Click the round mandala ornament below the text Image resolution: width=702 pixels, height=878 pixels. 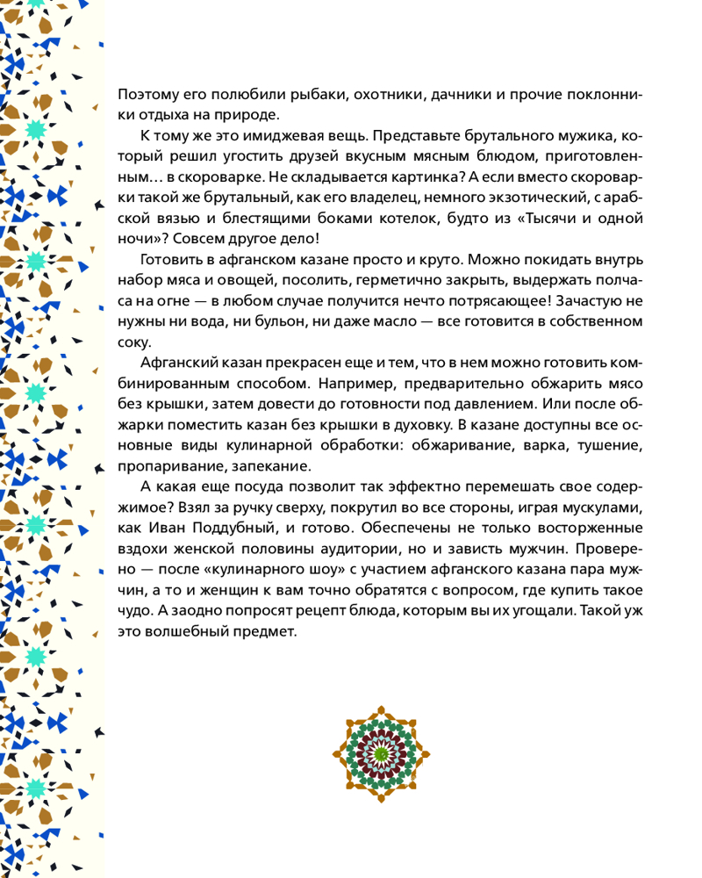pyautogui.click(x=383, y=752)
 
